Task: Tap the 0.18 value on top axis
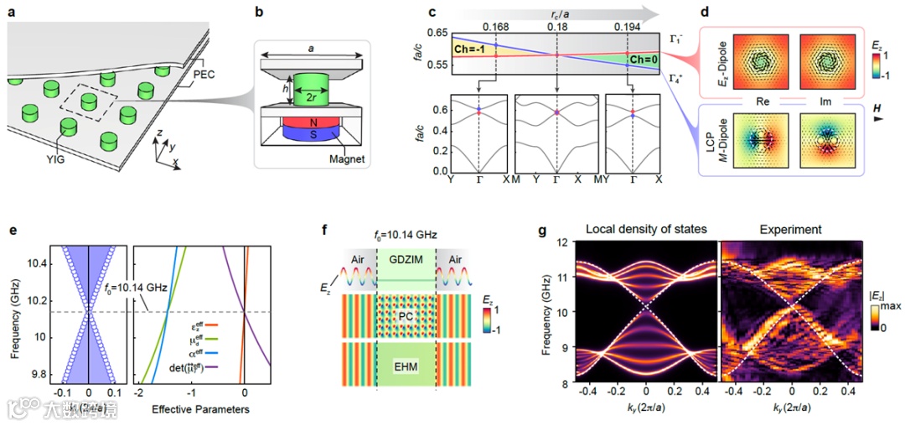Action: [x=556, y=26]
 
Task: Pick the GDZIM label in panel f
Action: [x=407, y=258]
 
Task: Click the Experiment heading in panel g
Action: [x=789, y=229]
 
